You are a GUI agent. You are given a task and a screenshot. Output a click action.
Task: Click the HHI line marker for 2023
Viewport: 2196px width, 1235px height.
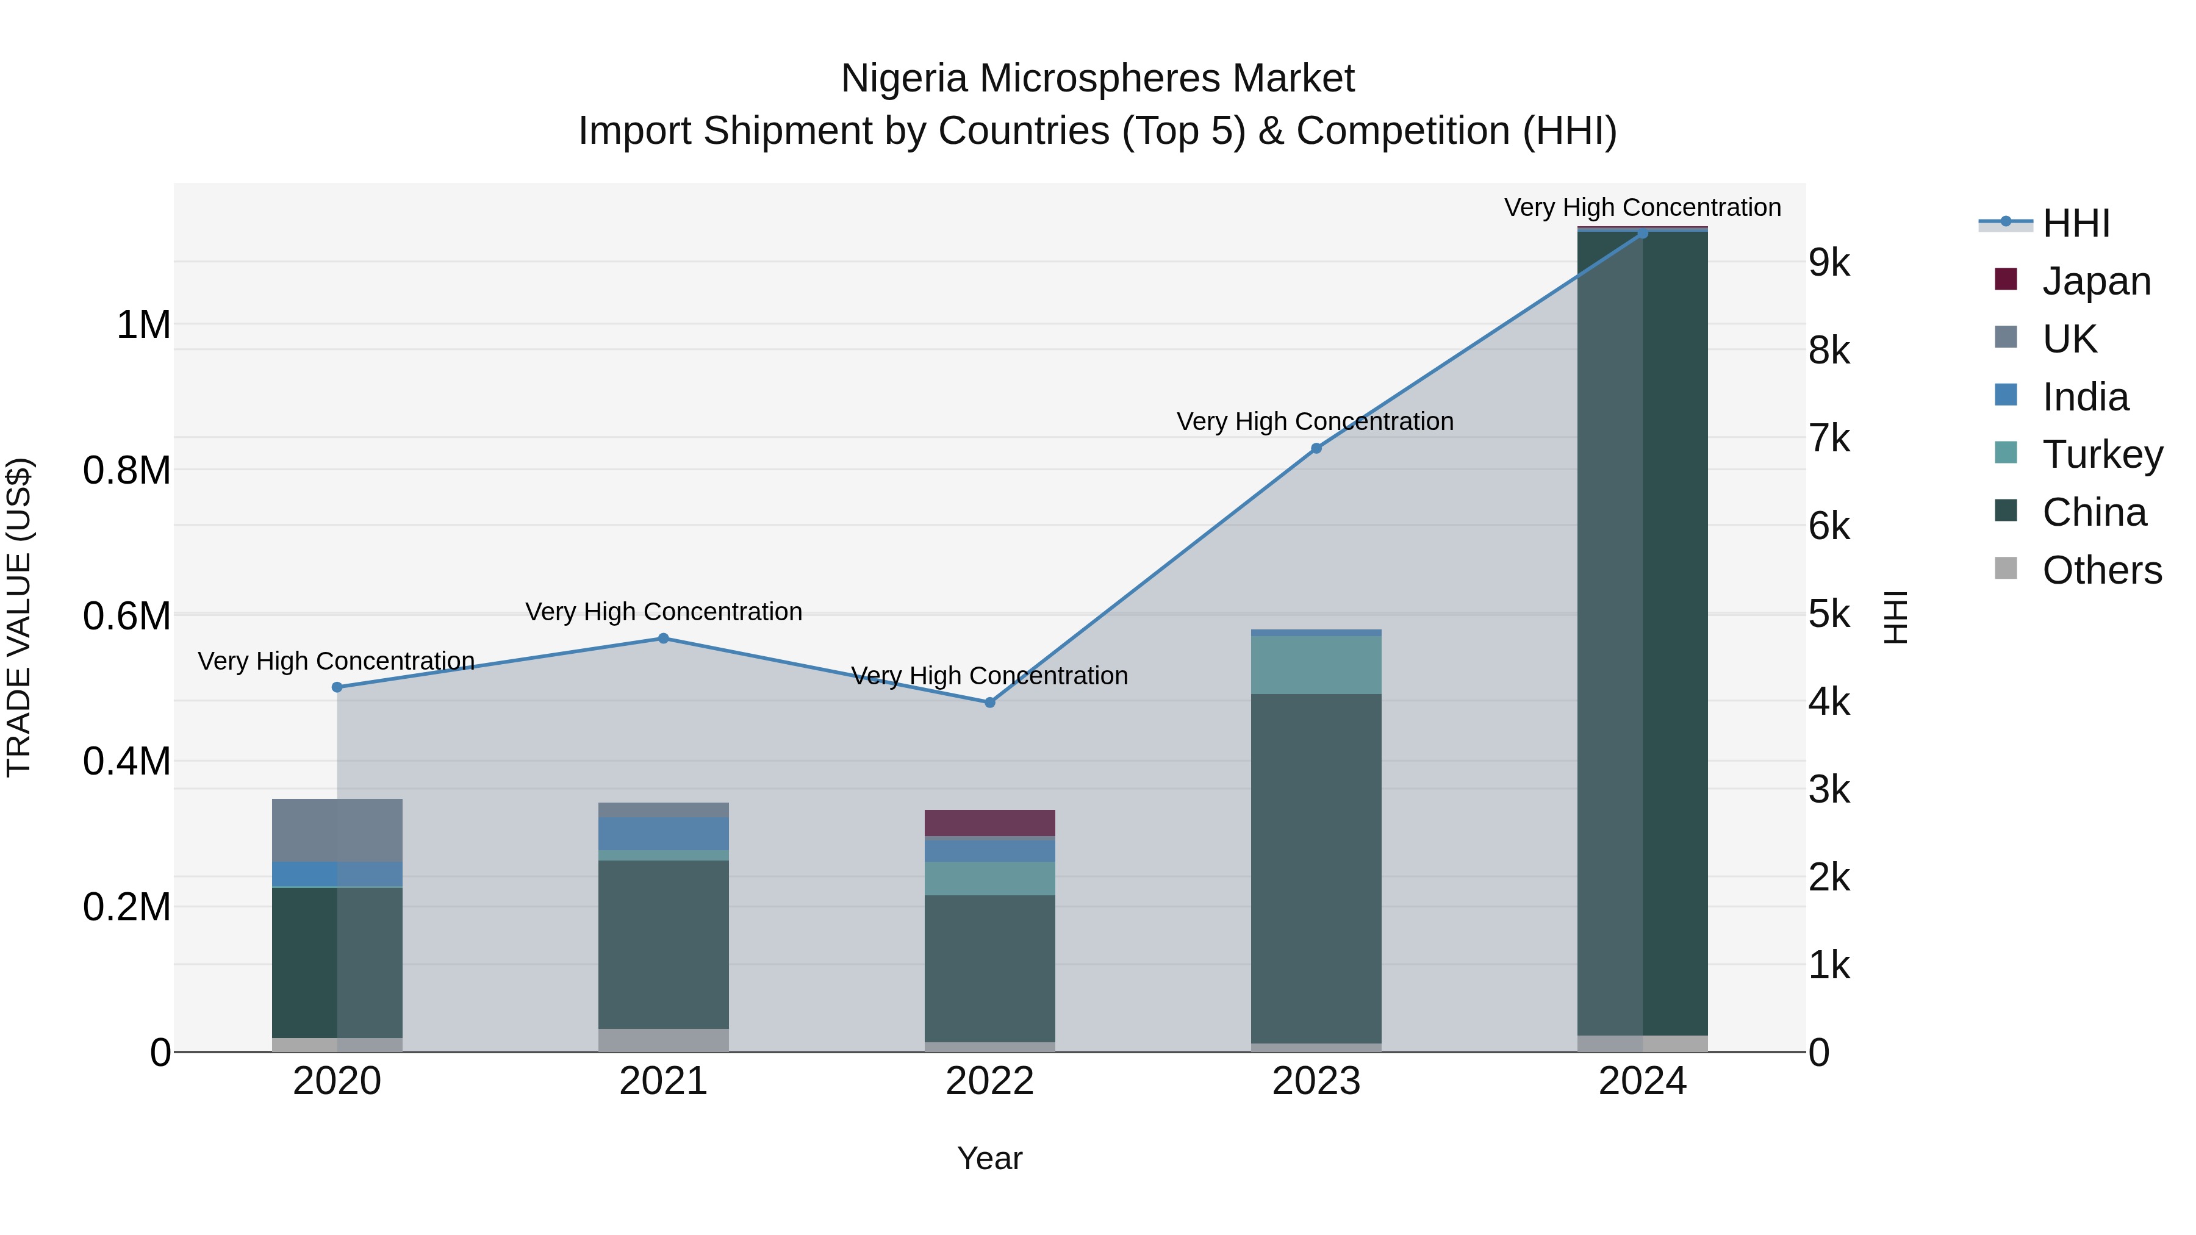(x=1316, y=448)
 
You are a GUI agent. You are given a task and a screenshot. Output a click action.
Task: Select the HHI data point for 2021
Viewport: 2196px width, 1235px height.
(x=663, y=639)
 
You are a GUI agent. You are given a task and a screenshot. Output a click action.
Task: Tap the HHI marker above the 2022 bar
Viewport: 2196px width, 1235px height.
(x=990, y=703)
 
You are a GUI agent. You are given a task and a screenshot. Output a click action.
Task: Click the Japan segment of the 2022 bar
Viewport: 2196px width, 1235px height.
(x=990, y=823)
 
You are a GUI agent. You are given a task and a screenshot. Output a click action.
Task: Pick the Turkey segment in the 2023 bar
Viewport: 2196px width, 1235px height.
(x=1316, y=665)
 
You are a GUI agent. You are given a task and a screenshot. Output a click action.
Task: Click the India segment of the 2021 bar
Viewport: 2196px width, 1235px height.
(x=663, y=834)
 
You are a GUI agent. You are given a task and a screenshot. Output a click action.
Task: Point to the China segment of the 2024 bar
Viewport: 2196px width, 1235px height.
(x=1643, y=631)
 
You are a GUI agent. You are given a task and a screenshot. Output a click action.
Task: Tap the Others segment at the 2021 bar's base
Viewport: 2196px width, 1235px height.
(x=663, y=1040)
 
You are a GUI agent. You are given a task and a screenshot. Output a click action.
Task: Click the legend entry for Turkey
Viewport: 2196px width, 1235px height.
(x=2102, y=454)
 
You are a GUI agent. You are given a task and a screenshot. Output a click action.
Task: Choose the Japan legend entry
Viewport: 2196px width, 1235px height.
(x=2096, y=281)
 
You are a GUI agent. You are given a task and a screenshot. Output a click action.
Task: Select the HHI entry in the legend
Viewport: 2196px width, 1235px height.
(x=2076, y=223)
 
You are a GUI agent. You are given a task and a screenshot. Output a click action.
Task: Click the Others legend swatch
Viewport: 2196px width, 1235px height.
(x=2006, y=568)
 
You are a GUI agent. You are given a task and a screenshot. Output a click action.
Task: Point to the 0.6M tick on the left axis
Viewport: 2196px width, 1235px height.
(x=127, y=615)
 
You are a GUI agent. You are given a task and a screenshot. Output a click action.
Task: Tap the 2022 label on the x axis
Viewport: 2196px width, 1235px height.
(x=990, y=1081)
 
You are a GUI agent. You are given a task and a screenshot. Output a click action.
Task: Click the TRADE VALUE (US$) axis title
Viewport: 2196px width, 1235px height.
(x=20, y=617)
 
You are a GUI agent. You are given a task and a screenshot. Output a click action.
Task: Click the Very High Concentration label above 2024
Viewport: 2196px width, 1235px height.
(x=1642, y=207)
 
